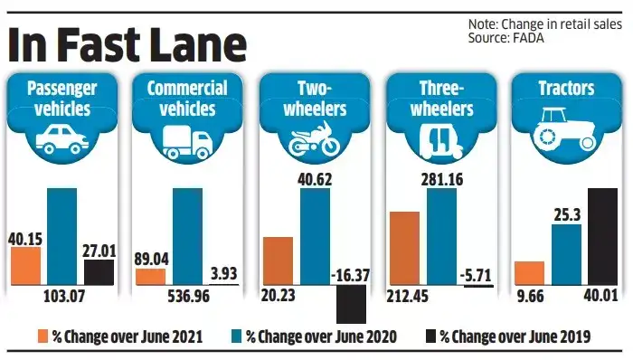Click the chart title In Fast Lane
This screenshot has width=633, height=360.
pyautogui.click(x=127, y=43)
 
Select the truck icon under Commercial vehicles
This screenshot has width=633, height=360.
pyautogui.click(x=187, y=140)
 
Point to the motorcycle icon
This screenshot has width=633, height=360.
pyautogui.click(x=313, y=141)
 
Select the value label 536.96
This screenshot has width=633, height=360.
pyautogui.click(x=186, y=296)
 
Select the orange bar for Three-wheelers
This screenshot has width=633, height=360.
pyautogui.click(x=404, y=249)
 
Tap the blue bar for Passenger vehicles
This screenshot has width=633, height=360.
pyautogui.click(x=62, y=237)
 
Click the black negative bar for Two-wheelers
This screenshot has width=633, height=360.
pyautogui.click(x=351, y=304)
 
